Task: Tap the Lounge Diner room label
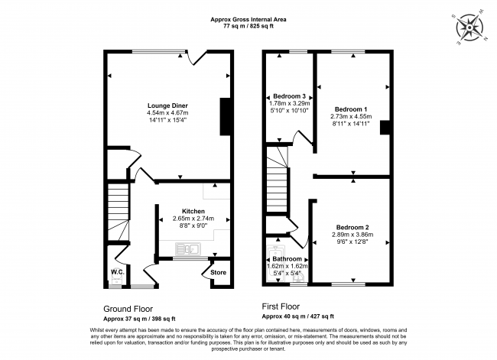point(167,105)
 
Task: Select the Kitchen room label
point(193,210)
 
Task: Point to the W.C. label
point(117,271)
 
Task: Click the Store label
point(219,271)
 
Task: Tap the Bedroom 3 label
point(290,96)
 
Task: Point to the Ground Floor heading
point(128,308)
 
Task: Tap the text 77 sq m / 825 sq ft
point(248,25)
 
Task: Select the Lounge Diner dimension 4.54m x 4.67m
point(167,113)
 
